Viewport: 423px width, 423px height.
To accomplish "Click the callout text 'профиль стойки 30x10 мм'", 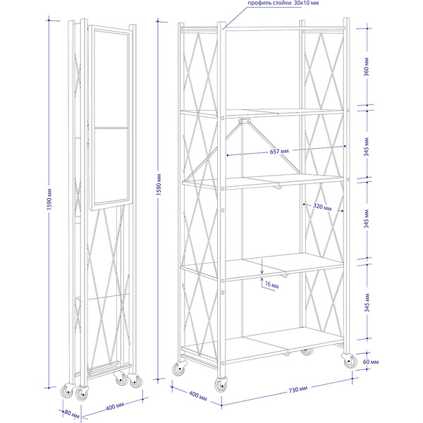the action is (x=283, y=3).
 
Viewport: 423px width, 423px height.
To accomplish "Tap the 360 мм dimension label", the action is (x=367, y=67).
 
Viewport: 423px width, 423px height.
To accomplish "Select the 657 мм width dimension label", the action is (x=279, y=152).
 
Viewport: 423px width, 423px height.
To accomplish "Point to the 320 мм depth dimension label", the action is (x=322, y=207).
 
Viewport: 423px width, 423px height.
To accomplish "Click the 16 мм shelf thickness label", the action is (x=271, y=285).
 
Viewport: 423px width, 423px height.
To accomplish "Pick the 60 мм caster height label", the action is (x=371, y=362).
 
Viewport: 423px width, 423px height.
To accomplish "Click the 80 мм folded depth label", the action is (x=72, y=415).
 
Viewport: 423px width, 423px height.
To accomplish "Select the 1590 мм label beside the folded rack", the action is (x=49, y=200).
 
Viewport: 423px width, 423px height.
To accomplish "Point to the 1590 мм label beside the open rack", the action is (x=159, y=185).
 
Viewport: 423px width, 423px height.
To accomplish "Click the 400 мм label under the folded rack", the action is (x=115, y=407).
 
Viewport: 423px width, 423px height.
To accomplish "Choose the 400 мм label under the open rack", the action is (x=197, y=396).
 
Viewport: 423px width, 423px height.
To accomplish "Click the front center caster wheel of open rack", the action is (x=221, y=385).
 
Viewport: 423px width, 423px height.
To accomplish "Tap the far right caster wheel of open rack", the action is (x=350, y=361).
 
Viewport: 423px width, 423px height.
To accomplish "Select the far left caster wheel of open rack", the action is (x=179, y=368).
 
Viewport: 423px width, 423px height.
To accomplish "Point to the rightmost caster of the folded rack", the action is (x=135, y=381).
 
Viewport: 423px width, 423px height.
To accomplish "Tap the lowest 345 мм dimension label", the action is (x=367, y=303).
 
